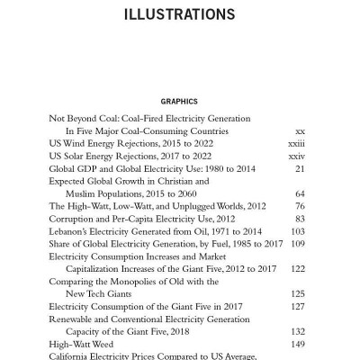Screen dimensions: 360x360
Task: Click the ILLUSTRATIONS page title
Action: point(179,15)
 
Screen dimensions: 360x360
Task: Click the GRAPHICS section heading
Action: point(179,102)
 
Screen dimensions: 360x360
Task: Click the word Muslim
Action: point(82,193)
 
